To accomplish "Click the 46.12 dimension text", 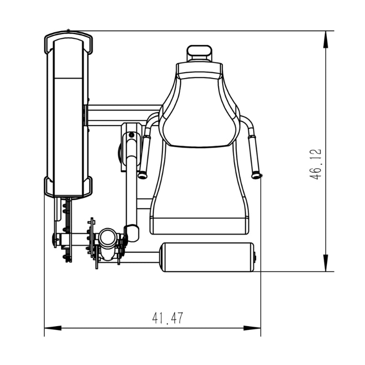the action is pyautogui.click(x=315, y=164).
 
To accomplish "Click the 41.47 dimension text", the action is pyautogui.click(x=167, y=318).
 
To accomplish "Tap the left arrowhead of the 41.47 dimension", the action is pyautogui.click(x=53, y=328).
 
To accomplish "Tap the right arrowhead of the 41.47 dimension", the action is pyautogui.click(x=252, y=328).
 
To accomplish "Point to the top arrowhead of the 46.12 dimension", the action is pyautogui.click(x=326, y=39).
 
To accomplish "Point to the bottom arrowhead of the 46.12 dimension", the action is pyautogui.click(x=326, y=263).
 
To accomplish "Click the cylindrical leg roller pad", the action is pyautogui.click(x=208, y=257).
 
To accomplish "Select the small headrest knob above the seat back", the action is pyautogui.click(x=199, y=53).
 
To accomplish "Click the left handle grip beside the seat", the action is pyautogui.click(x=145, y=156).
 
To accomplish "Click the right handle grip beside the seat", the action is pyautogui.click(x=255, y=156).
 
